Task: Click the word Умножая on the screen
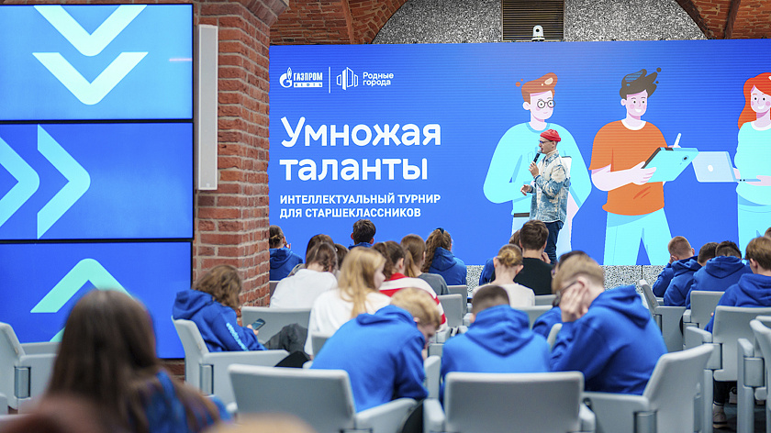[x=360, y=132]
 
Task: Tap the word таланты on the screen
[x=353, y=167]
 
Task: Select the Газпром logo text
[x=301, y=79]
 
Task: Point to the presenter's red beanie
[x=550, y=136]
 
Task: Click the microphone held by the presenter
[x=537, y=159]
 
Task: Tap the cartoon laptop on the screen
[x=714, y=167]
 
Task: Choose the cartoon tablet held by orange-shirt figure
[x=669, y=163]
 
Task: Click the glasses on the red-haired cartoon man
[x=543, y=104]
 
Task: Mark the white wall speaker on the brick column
[x=207, y=107]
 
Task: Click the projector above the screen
[x=537, y=32]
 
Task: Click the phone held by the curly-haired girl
[x=258, y=324]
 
